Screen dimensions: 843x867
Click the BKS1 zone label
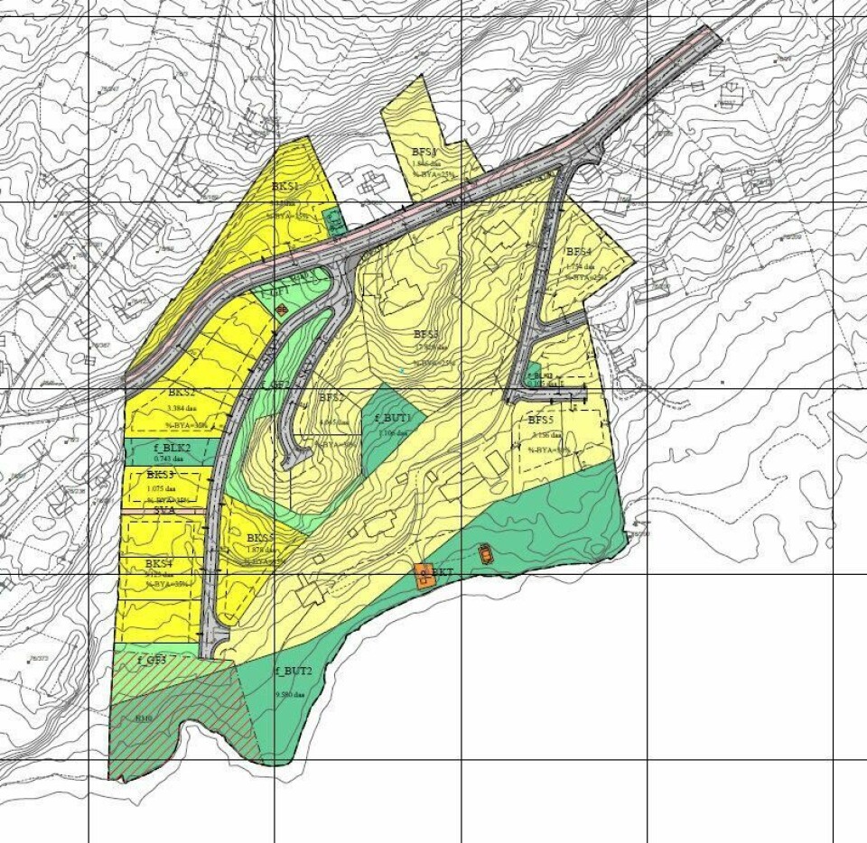click(285, 187)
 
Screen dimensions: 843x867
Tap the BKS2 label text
click(182, 394)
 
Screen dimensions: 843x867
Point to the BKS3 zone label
click(162, 475)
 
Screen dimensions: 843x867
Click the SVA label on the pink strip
click(164, 510)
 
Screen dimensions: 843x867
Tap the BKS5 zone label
click(260, 539)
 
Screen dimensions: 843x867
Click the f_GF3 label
click(152, 660)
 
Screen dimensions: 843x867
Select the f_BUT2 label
click(293, 672)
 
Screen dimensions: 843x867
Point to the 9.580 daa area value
click(292, 695)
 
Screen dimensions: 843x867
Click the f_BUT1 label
click(393, 418)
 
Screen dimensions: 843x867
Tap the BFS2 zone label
click(331, 398)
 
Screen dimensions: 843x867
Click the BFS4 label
click(578, 252)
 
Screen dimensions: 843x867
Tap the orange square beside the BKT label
click(423, 575)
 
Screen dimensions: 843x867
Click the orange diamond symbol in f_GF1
click(282, 311)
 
